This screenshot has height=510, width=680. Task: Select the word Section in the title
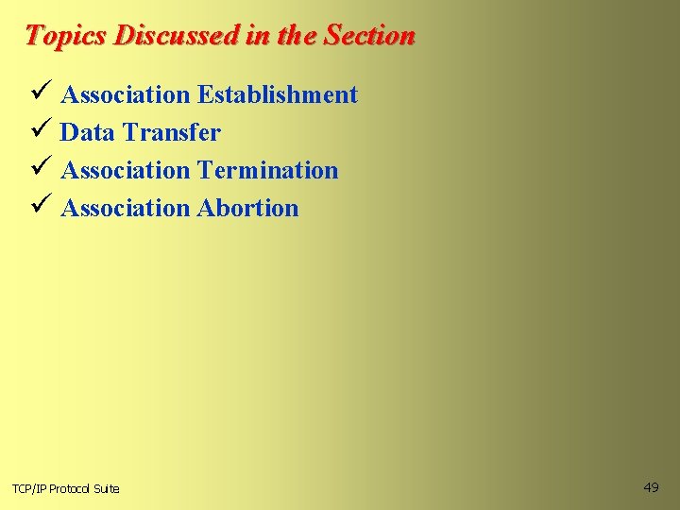click(x=369, y=36)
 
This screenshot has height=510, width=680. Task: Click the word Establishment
click(x=278, y=94)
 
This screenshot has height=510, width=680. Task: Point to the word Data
click(x=87, y=132)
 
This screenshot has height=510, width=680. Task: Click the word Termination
click(x=267, y=170)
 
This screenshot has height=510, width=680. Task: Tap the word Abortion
click(x=247, y=208)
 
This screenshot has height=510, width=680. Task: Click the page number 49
click(x=651, y=487)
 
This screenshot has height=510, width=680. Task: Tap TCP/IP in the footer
click(x=28, y=488)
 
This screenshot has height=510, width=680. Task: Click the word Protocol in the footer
click(x=71, y=488)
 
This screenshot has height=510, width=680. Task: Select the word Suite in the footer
click(x=108, y=488)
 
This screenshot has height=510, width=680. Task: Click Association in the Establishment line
click(x=125, y=94)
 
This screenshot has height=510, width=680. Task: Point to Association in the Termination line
click(x=125, y=170)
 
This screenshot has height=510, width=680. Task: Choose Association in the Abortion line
click(x=125, y=208)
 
